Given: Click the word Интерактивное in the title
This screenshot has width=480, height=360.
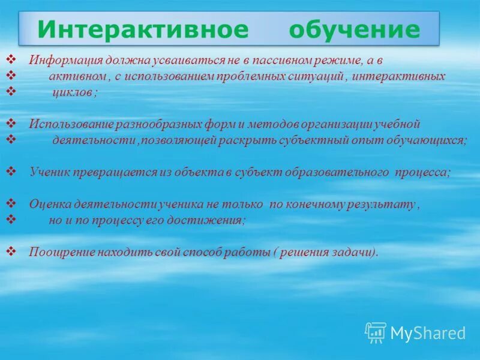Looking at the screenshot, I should click(x=143, y=29).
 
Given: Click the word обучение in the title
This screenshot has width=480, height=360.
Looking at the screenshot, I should click(x=354, y=29).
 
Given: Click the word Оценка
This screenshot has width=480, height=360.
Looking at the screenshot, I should click(x=47, y=204).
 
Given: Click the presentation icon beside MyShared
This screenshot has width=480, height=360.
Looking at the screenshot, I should click(x=376, y=332).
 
